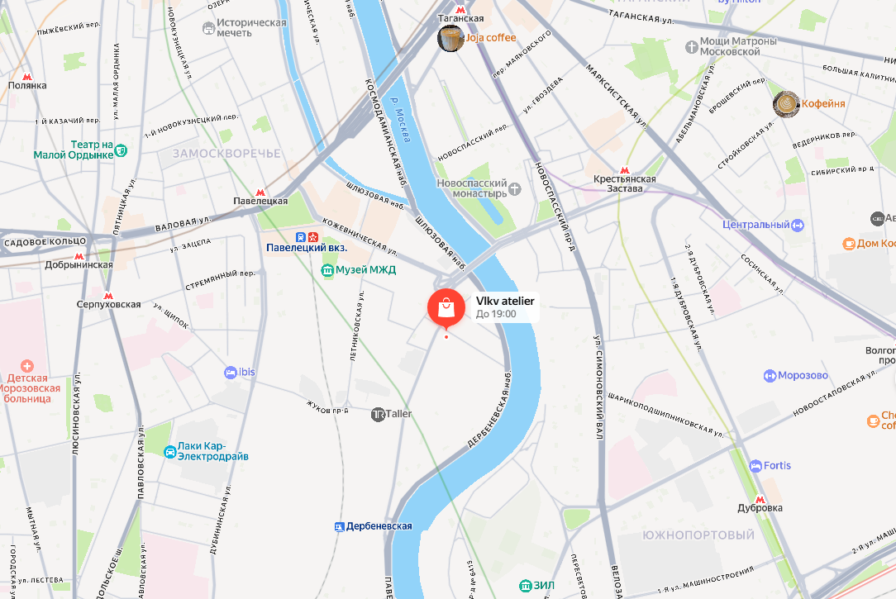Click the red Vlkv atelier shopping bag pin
tap(446, 307)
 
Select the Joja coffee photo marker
tap(450, 38)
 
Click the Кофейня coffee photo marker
tap(785, 103)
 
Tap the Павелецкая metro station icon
tap(261, 190)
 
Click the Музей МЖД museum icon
tap(328, 269)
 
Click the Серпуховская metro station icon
tap(107, 295)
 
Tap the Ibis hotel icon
tap(230, 373)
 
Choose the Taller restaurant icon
tap(378, 414)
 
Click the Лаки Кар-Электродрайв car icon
tap(169, 451)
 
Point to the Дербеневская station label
tap(379, 526)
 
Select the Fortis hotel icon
tap(755, 466)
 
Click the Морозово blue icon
tap(770, 376)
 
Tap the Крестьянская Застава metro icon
tap(624, 169)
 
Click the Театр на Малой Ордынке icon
tap(121, 150)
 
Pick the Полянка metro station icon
tap(27, 75)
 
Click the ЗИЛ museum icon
tap(525, 586)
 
